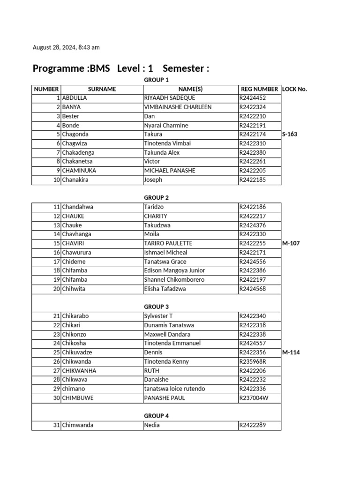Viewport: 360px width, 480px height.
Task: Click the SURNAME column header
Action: (x=102, y=89)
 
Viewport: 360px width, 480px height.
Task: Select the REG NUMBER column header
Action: (x=259, y=89)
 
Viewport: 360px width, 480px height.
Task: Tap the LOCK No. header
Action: (x=295, y=89)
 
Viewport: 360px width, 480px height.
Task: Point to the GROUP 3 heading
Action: (x=157, y=307)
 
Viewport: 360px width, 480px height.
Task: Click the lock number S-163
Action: (x=290, y=134)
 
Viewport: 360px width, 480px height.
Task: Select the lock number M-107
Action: (x=291, y=243)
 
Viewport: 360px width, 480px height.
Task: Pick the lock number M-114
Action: (x=291, y=352)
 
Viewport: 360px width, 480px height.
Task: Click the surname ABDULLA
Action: (x=75, y=98)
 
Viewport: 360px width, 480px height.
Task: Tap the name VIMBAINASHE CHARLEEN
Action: (x=171, y=107)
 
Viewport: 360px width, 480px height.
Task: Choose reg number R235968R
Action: (x=253, y=361)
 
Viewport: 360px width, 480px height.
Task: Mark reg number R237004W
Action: (x=254, y=398)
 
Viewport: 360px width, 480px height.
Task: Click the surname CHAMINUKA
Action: (x=80, y=171)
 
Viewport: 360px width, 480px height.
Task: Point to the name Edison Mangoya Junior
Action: (x=174, y=270)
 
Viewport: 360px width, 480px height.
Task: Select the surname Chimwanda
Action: (x=78, y=425)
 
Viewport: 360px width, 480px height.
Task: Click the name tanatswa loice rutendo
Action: (x=174, y=389)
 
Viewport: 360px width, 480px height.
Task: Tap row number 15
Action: (x=56, y=243)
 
